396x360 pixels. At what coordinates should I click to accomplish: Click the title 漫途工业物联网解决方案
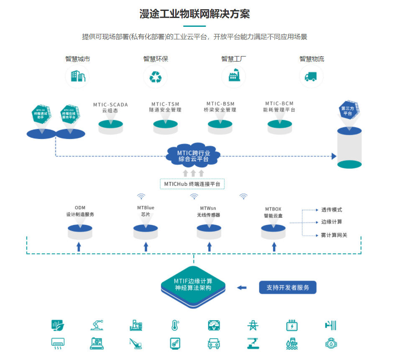(x=194, y=14)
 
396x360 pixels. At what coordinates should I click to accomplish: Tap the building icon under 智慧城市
(x=77, y=76)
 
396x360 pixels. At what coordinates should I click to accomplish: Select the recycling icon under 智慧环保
(x=155, y=76)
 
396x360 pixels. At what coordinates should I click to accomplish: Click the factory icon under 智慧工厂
(x=233, y=76)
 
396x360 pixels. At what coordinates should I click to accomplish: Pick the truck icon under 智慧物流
(x=311, y=76)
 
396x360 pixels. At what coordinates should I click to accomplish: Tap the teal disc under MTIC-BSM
(x=220, y=124)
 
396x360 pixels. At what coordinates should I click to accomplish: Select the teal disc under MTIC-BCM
(x=280, y=124)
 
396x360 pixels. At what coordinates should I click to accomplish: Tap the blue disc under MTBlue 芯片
(x=146, y=229)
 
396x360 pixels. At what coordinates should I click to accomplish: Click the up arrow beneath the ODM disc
(x=79, y=246)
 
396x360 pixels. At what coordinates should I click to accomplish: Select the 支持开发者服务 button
(x=288, y=288)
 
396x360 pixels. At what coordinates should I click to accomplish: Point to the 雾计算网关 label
(x=334, y=235)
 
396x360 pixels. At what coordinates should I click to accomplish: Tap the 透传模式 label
(x=332, y=210)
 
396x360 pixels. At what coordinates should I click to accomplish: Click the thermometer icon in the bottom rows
(x=175, y=325)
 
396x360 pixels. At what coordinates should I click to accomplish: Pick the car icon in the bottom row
(x=214, y=343)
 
